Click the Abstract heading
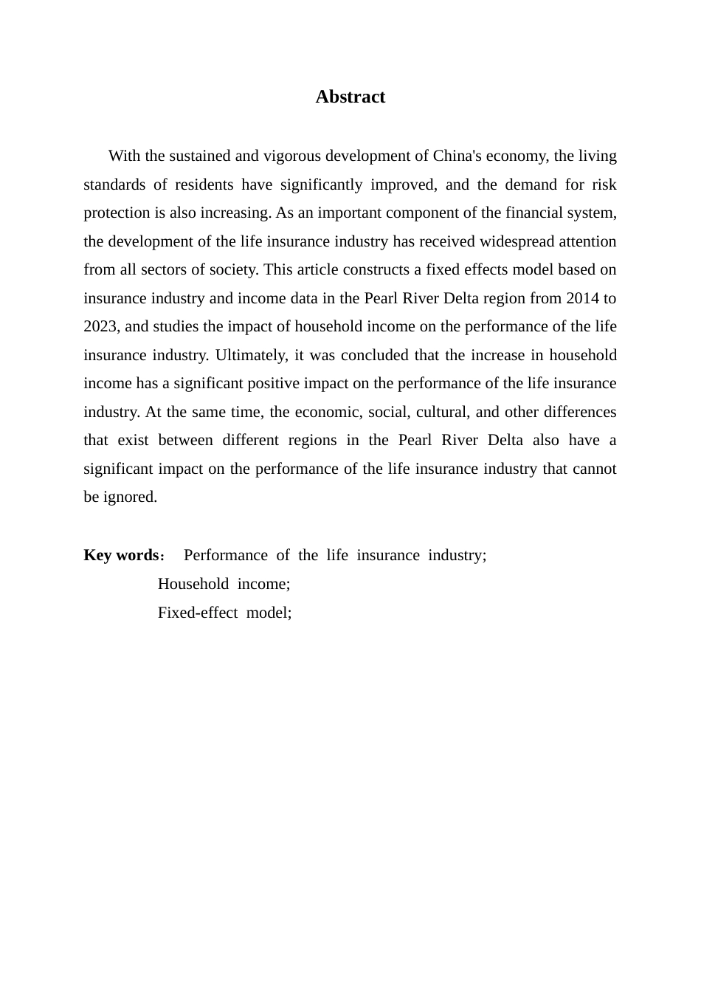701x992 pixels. coord(350,97)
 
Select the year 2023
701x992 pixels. coord(100,327)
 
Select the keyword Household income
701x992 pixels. coord(224,584)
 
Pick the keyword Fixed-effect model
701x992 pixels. coord(224,613)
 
